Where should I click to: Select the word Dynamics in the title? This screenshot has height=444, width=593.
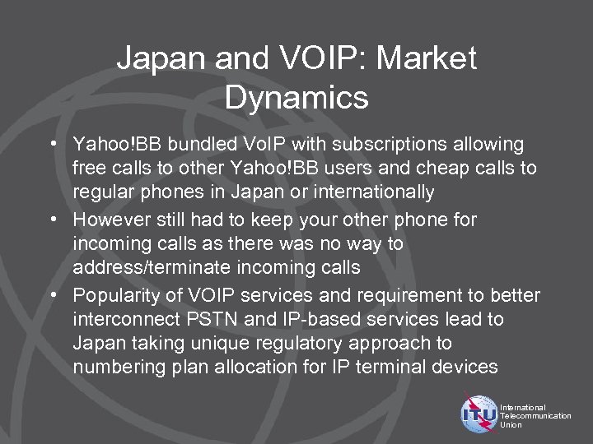(x=296, y=98)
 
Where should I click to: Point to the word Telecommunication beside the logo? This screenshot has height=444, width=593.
(x=535, y=416)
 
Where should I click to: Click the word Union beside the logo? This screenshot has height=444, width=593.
(x=511, y=425)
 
